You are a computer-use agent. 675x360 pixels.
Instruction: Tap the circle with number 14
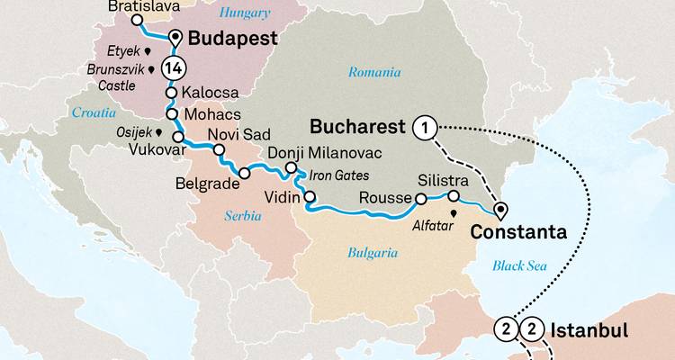(x=174, y=67)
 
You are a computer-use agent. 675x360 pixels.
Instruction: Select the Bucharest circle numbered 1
(x=424, y=129)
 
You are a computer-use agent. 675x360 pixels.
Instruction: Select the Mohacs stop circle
(x=169, y=115)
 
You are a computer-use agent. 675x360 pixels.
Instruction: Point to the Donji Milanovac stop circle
(x=291, y=168)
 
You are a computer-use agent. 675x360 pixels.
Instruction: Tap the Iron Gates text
(x=337, y=176)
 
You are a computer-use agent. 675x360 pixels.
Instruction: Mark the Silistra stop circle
(x=454, y=196)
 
